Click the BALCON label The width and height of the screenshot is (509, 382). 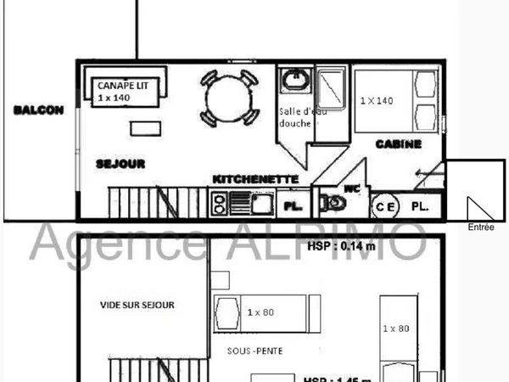pos(39,110)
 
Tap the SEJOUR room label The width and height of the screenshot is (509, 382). pos(120,163)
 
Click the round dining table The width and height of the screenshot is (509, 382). pos(228,97)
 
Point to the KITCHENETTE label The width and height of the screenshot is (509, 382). pos(255,179)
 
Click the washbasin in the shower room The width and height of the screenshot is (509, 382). pos(295,81)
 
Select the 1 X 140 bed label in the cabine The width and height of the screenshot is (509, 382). pos(377,100)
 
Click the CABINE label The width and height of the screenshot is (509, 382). pos(398,144)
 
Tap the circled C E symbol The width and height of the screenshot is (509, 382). pos(385,206)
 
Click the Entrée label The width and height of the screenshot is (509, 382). pos(480,227)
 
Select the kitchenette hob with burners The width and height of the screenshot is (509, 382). pos(219,203)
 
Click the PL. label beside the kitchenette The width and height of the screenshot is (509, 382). pos(294,206)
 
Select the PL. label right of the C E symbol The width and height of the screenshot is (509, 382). pos(420,206)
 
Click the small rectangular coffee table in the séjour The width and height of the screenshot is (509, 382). pos(150,127)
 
